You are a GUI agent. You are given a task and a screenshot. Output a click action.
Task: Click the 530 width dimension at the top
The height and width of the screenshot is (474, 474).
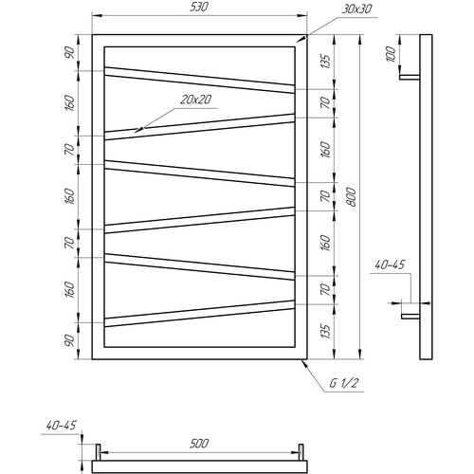(x=199, y=8)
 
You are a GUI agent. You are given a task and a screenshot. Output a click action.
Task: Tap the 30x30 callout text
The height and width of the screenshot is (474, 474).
(x=357, y=9)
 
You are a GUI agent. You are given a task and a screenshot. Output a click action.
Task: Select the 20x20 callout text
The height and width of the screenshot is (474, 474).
(x=196, y=100)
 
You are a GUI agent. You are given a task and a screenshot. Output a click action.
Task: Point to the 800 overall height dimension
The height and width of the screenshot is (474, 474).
(x=351, y=197)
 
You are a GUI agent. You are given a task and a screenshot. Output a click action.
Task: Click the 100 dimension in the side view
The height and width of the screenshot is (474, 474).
(x=391, y=54)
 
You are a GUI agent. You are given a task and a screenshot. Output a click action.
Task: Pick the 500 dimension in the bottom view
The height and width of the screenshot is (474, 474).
(x=199, y=444)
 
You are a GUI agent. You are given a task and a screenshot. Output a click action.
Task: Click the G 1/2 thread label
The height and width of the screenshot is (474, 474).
(x=344, y=383)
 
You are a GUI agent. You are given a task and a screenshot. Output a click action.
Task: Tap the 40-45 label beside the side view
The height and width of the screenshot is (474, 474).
(x=390, y=264)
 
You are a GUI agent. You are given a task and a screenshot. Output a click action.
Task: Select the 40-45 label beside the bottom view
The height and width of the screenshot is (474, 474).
(x=61, y=426)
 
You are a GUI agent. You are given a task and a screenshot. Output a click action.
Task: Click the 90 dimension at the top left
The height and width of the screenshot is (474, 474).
(x=69, y=52)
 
